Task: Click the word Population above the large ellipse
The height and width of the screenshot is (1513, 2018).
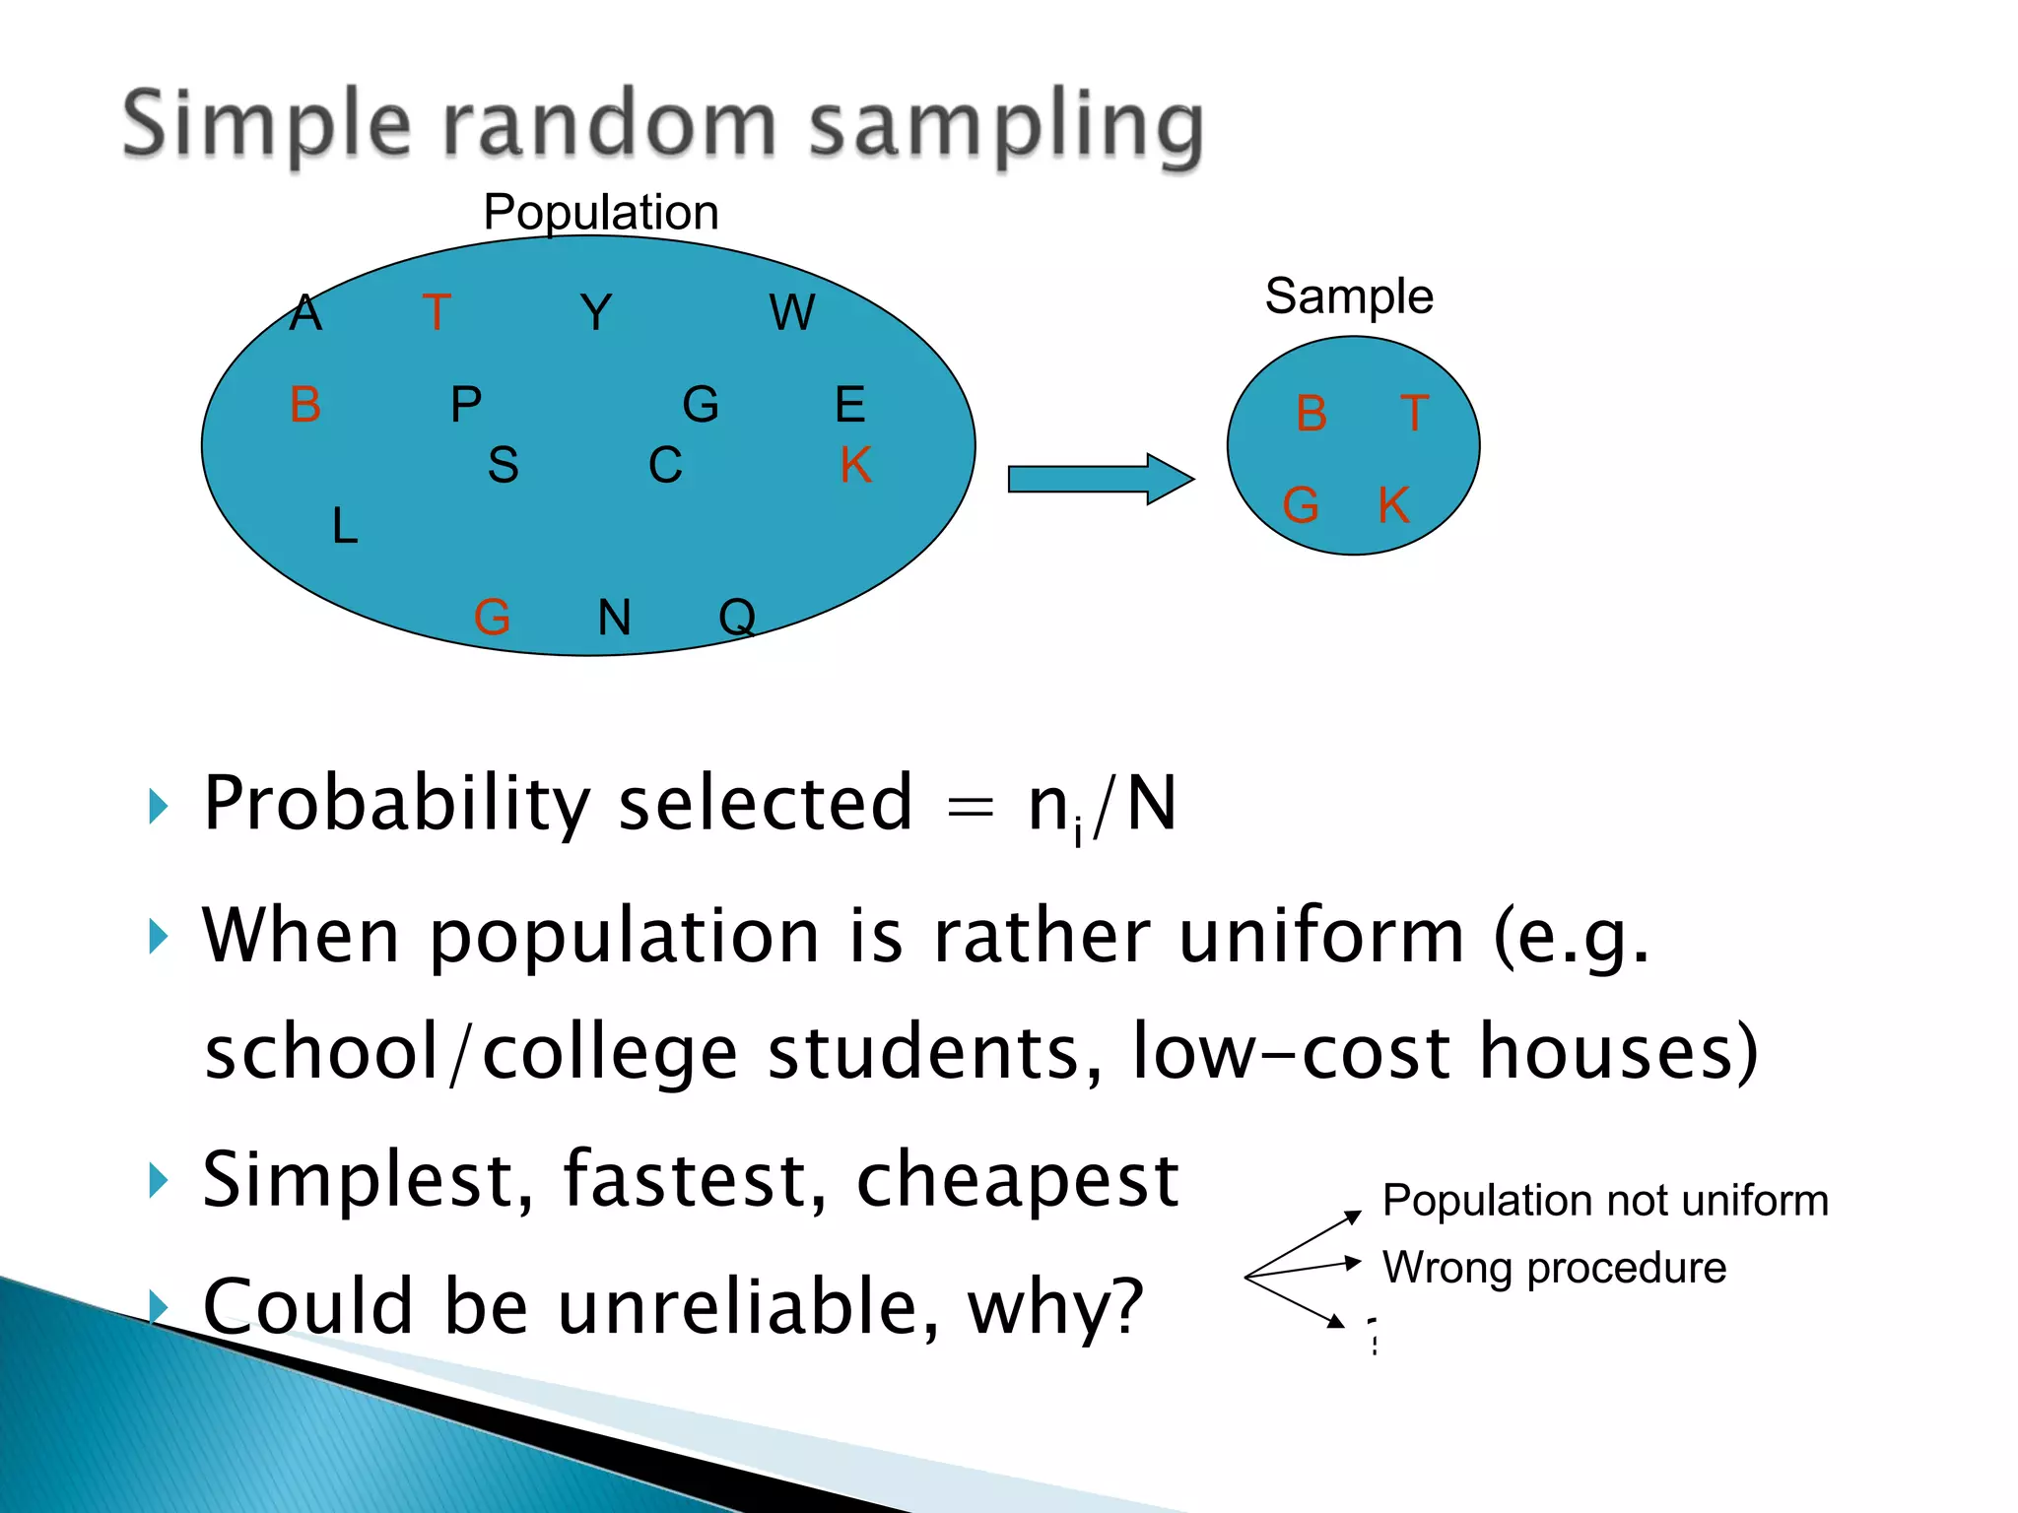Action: (x=601, y=213)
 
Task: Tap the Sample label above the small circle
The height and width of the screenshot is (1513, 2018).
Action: (x=1348, y=296)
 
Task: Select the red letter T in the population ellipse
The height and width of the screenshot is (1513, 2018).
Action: (x=437, y=312)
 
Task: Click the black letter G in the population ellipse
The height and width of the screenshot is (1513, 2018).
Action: (x=701, y=404)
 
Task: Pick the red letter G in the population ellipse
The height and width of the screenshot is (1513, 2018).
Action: (x=492, y=618)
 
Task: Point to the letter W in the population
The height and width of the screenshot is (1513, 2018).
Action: (x=792, y=312)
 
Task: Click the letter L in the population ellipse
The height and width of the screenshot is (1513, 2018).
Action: (x=344, y=526)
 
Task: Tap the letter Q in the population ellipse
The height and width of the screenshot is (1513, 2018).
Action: (x=737, y=618)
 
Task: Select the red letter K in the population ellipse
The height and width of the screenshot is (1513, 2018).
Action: (x=855, y=465)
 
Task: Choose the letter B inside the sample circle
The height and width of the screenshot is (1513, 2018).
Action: (x=1312, y=413)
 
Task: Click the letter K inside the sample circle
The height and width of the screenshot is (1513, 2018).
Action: (x=1393, y=505)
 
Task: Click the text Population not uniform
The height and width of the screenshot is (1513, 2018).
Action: (x=1604, y=1201)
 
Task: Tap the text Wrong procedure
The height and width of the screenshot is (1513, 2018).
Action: (x=1554, y=1268)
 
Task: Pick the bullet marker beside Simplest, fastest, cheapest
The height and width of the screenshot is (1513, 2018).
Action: (x=159, y=1179)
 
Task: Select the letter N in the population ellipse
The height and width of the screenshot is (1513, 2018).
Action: (x=615, y=618)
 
